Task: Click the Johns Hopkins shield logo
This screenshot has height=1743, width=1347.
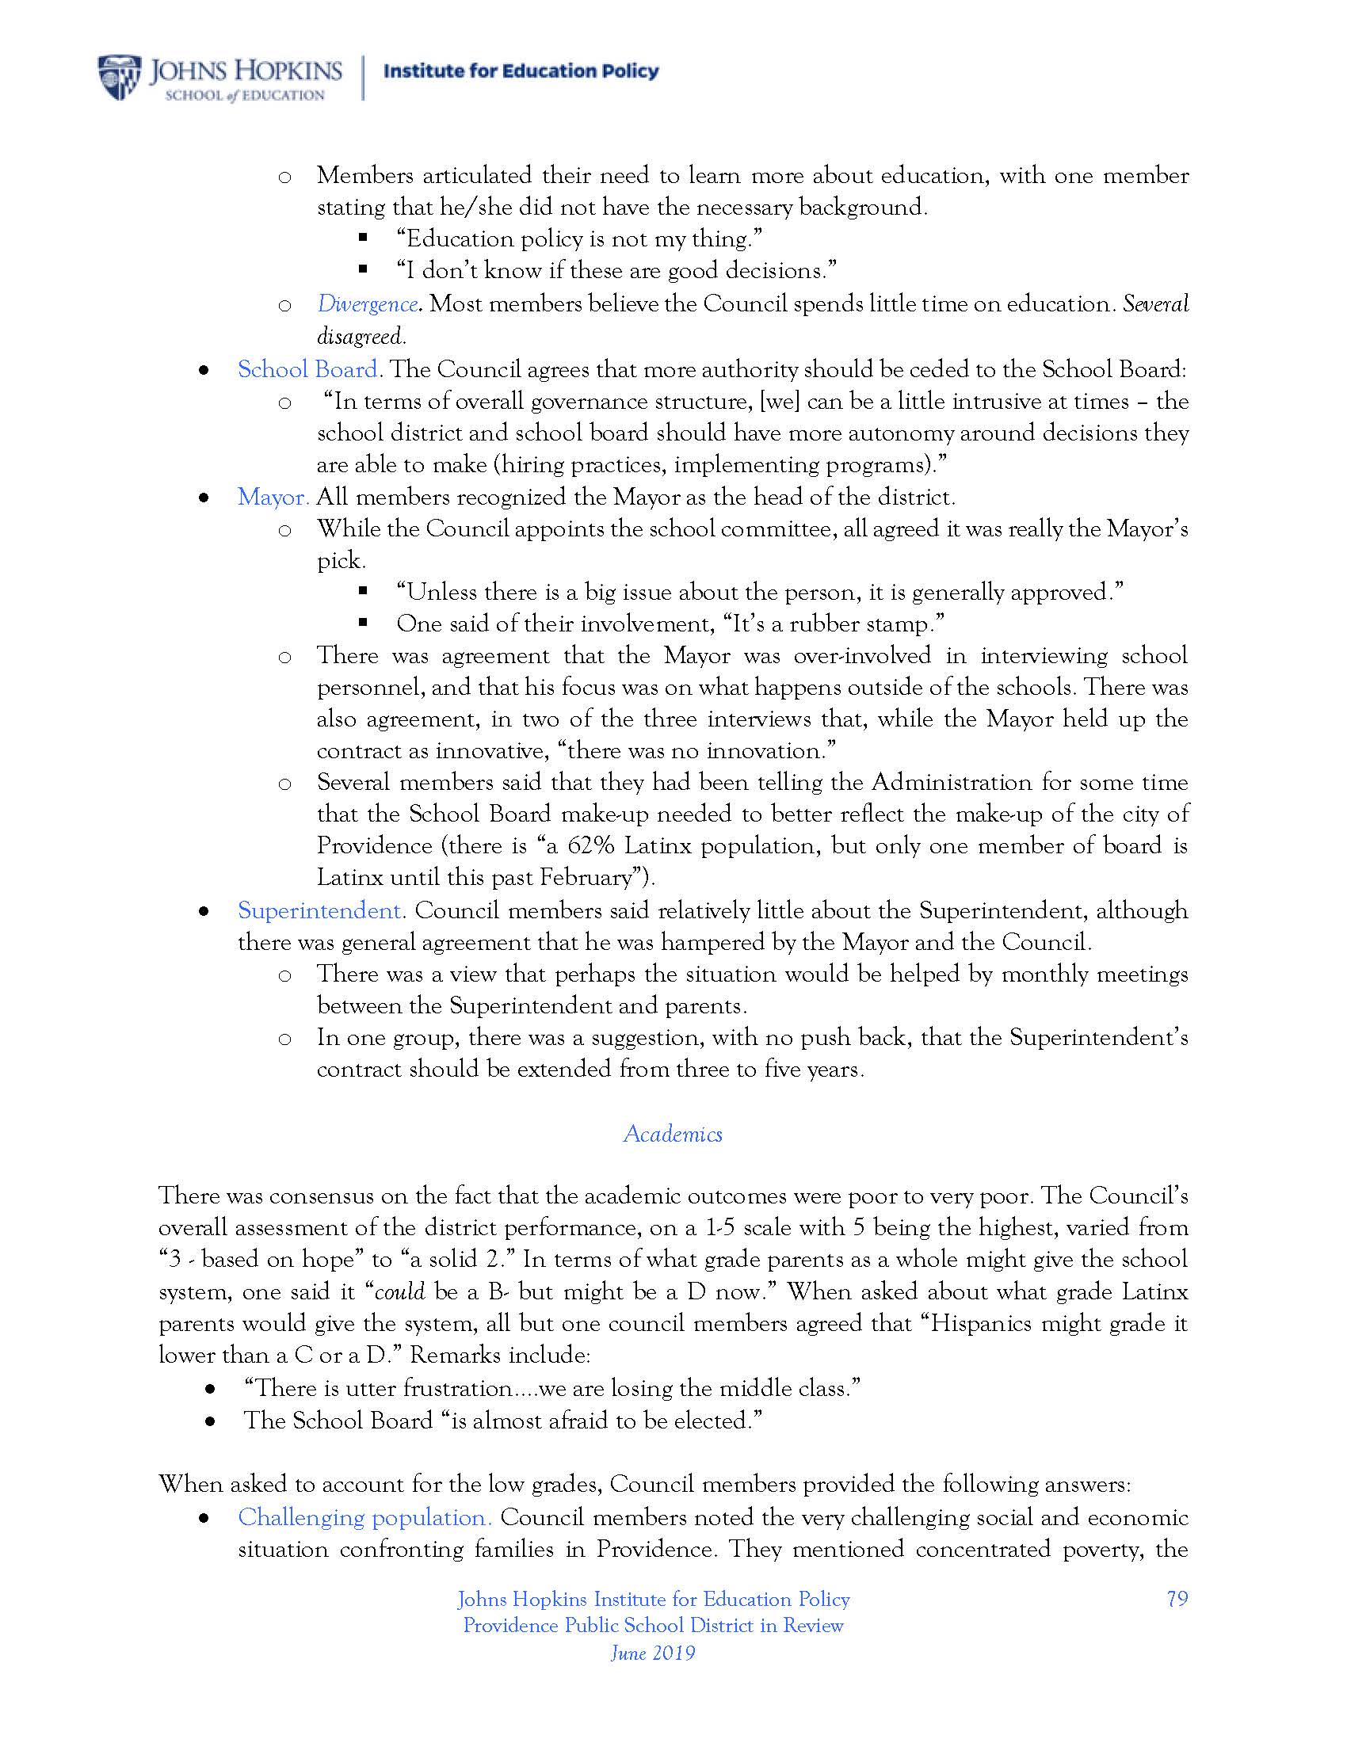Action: tap(118, 78)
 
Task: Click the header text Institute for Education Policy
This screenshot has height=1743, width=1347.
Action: tap(521, 72)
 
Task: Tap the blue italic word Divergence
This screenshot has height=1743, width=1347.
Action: tap(367, 304)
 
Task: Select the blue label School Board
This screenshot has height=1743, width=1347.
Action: tap(307, 369)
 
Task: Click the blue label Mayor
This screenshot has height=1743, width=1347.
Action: tap(273, 498)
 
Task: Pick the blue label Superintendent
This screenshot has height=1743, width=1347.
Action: tap(319, 910)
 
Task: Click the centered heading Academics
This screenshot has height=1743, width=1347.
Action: tap(673, 1134)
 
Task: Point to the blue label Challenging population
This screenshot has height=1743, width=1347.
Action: tap(364, 1517)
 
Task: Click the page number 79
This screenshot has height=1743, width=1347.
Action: tap(1177, 1599)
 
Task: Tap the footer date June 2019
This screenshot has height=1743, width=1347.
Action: tap(653, 1652)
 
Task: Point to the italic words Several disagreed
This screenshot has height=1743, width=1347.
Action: tap(1155, 304)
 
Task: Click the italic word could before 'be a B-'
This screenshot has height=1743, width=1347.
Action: tap(400, 1291)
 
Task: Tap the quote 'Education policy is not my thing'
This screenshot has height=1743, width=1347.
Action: tap(579, 238)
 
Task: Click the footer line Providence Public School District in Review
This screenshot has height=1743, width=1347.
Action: tap(653, 1626)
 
